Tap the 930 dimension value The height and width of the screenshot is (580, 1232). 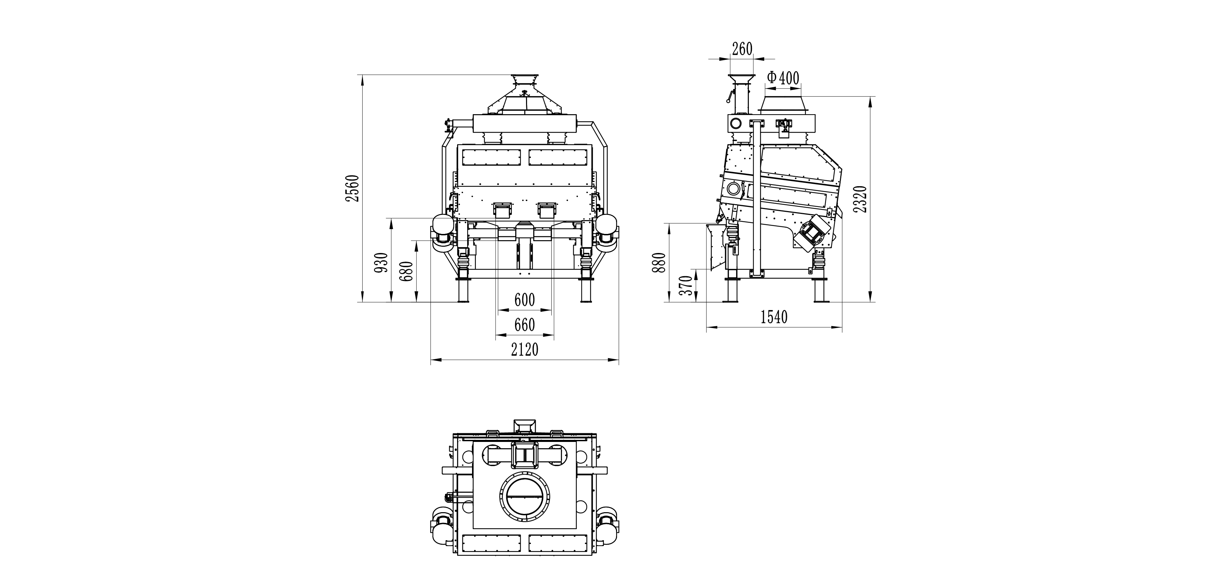[x=381, y=263]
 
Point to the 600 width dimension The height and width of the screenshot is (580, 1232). [x=524, y=300]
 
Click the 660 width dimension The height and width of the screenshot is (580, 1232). [x=524, y=326]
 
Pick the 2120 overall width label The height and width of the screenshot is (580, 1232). [x=525, y=350]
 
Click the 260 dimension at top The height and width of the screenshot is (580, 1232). [x=742, y=49]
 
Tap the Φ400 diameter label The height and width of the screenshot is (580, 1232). [x=782, y=78]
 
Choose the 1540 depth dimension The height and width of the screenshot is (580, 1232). [x=774, y=317]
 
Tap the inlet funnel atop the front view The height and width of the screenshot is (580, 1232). [x=525, y=81]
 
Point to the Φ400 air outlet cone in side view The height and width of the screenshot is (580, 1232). [x=782, y=104]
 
